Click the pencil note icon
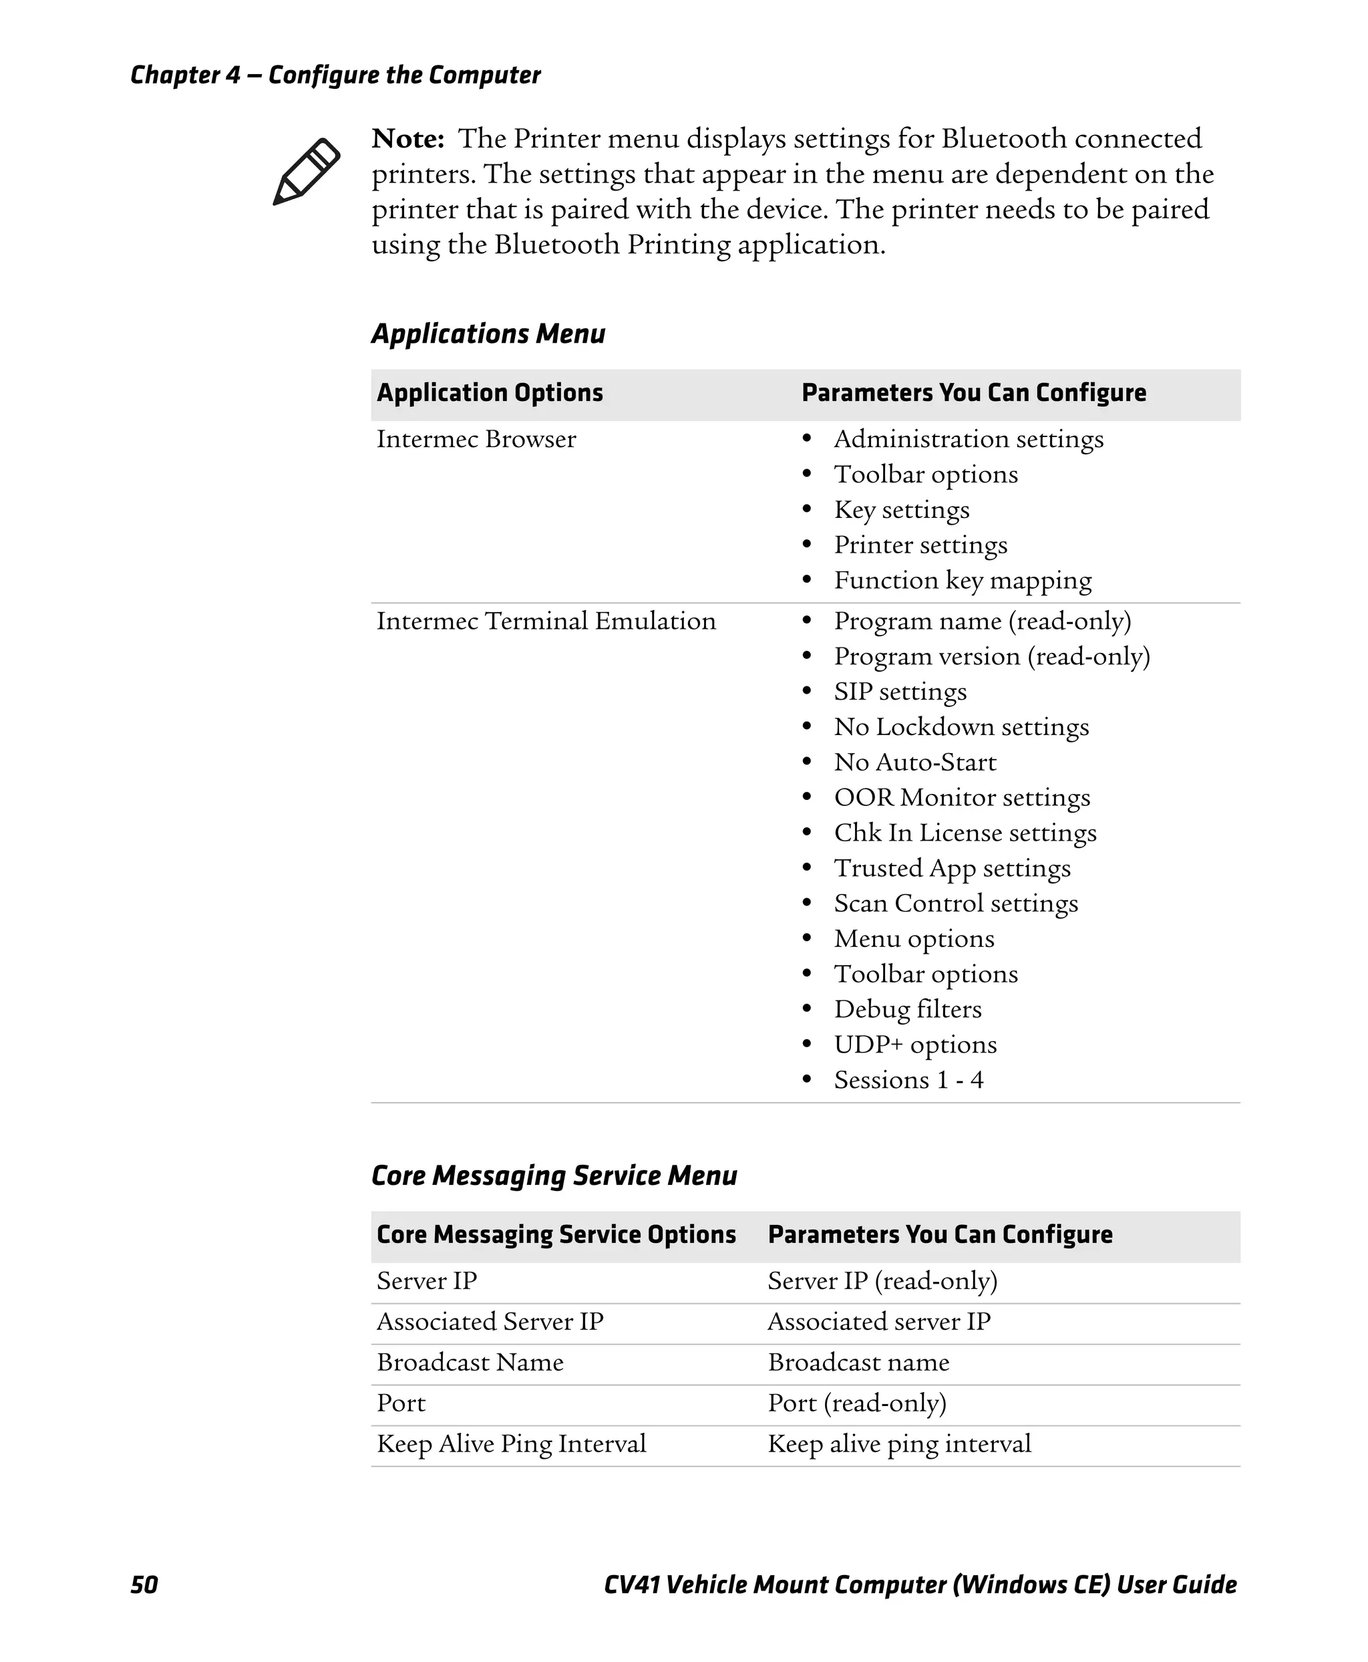[x=306, y=172]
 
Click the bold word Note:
[x=407, y=139]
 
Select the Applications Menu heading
[x=488, y=333]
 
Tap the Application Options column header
[x=490, y=393]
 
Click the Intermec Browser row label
[x=476, y=439]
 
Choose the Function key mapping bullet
[x=962, y=580]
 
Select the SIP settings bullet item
[x=900, y=692]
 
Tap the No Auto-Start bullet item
[x=915, y=763]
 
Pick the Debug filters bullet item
[x=907, y=1009]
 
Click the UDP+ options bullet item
[x=915, y=1045]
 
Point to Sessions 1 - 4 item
[x=908, y=1080]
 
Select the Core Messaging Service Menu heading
[x=554, y=1175]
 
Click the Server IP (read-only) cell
[x=882, y=1281]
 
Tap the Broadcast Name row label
[x=470, y=1363]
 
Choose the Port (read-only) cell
[x=856, y=1403]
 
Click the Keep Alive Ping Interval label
[x=510, y=1443]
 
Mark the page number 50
[x=144, y=1584]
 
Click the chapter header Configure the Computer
[x=403, y=75]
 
